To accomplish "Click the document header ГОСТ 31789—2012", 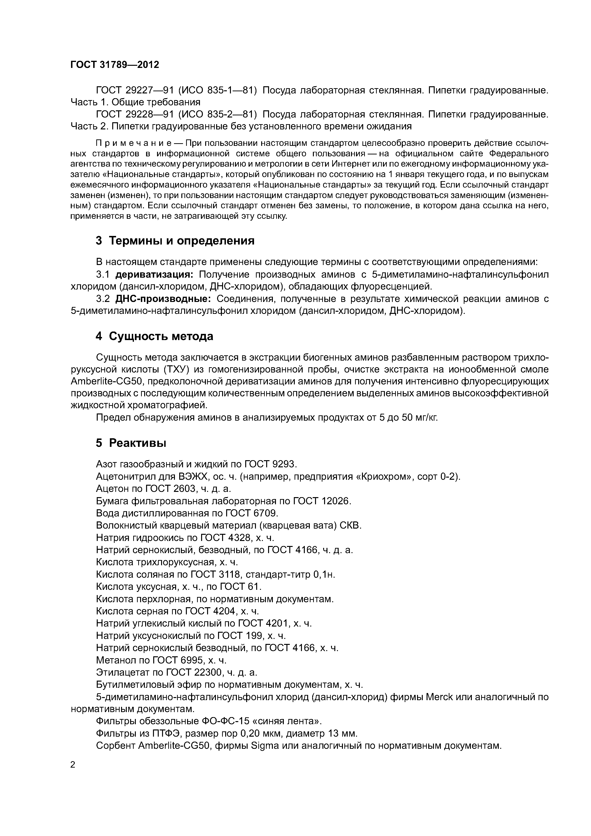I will pos(115,65).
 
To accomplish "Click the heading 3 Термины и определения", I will pos(175,241).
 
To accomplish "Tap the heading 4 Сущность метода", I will pos(154,336).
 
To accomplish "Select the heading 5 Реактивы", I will pos(131,443).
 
